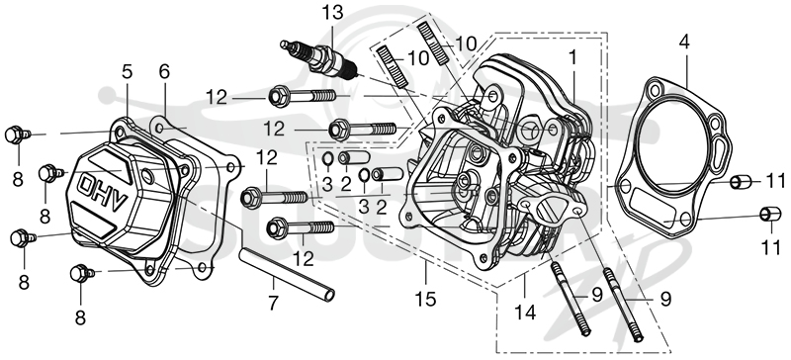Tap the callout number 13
(332, 13)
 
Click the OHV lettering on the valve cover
(102, 193)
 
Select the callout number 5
(127, 71)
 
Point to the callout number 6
(164, 71)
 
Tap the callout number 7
(273, 303)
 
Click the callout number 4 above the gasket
(683, 42)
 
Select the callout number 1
(572, 58)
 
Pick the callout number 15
(425, 299)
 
